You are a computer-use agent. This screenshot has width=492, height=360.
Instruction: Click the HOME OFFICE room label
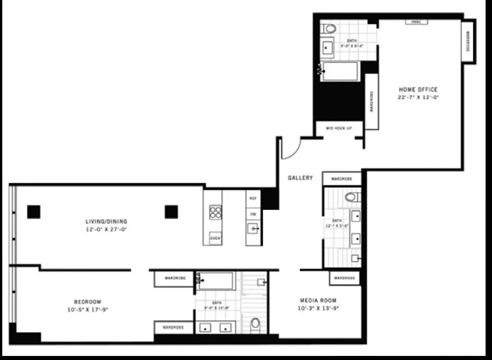tap(418, 90)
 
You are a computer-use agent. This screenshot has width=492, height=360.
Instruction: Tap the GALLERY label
tap(300, 178)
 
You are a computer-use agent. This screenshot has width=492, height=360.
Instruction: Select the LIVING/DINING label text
tap(106, 221)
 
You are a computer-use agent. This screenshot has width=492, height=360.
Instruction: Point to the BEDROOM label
tap(87, 302)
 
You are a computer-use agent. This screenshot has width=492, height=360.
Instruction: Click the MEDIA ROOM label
tap(318, 301)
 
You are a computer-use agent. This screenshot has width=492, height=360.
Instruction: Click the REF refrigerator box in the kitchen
tap(253, 198)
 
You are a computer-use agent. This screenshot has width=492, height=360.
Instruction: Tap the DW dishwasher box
tap(253, 214)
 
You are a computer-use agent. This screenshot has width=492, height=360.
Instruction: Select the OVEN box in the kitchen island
tap(215, 238)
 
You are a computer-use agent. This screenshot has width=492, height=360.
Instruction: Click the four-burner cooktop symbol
tap(216, 212)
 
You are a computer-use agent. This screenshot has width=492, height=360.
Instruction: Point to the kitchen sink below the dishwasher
tap(253, 229)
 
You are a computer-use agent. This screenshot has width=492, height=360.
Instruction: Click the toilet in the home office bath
tap(330, 29)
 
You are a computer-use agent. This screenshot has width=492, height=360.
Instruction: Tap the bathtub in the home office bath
tap(341, 72)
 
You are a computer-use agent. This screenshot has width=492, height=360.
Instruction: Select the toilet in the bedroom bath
tap(255, 323)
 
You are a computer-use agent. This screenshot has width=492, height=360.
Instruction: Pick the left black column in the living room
tap(34, 211)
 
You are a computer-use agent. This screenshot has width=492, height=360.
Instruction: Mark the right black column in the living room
tap(171, 211)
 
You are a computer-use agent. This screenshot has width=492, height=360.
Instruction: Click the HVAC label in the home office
tap(416, 22)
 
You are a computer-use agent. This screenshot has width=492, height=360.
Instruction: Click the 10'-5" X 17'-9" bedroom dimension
tap(87, 310)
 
